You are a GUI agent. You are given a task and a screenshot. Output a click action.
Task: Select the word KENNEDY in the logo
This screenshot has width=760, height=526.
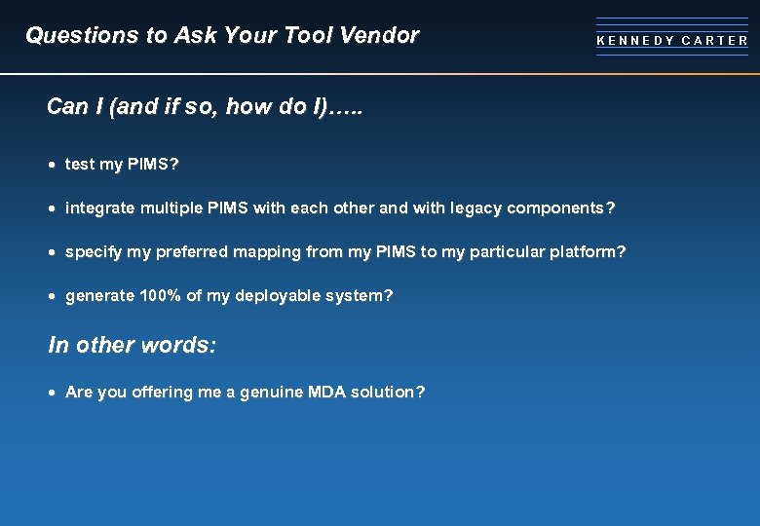pyautogui.click(x=634, y=41)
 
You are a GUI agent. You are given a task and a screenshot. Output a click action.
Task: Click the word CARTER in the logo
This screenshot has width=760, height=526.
pyautogui.click(x=715, y=41)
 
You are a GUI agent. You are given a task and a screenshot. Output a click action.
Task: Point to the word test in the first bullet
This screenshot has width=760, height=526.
pyautogui.click(x=79, y=165)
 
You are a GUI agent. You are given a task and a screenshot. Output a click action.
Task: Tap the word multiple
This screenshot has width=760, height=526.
pyautogui.click(x=170, y=208)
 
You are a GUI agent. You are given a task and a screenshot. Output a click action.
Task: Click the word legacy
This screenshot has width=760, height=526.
pyautogui.click(x=473, y=208)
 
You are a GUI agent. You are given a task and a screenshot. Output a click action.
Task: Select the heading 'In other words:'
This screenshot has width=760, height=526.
pyautogui.click(x=132, y=346)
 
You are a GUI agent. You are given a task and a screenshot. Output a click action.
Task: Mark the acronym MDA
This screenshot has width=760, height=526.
pyautogui.click(x=327, y=393)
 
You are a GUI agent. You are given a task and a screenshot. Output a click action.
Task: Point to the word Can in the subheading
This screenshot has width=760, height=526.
pyautogui.click(x=66, y=106)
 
